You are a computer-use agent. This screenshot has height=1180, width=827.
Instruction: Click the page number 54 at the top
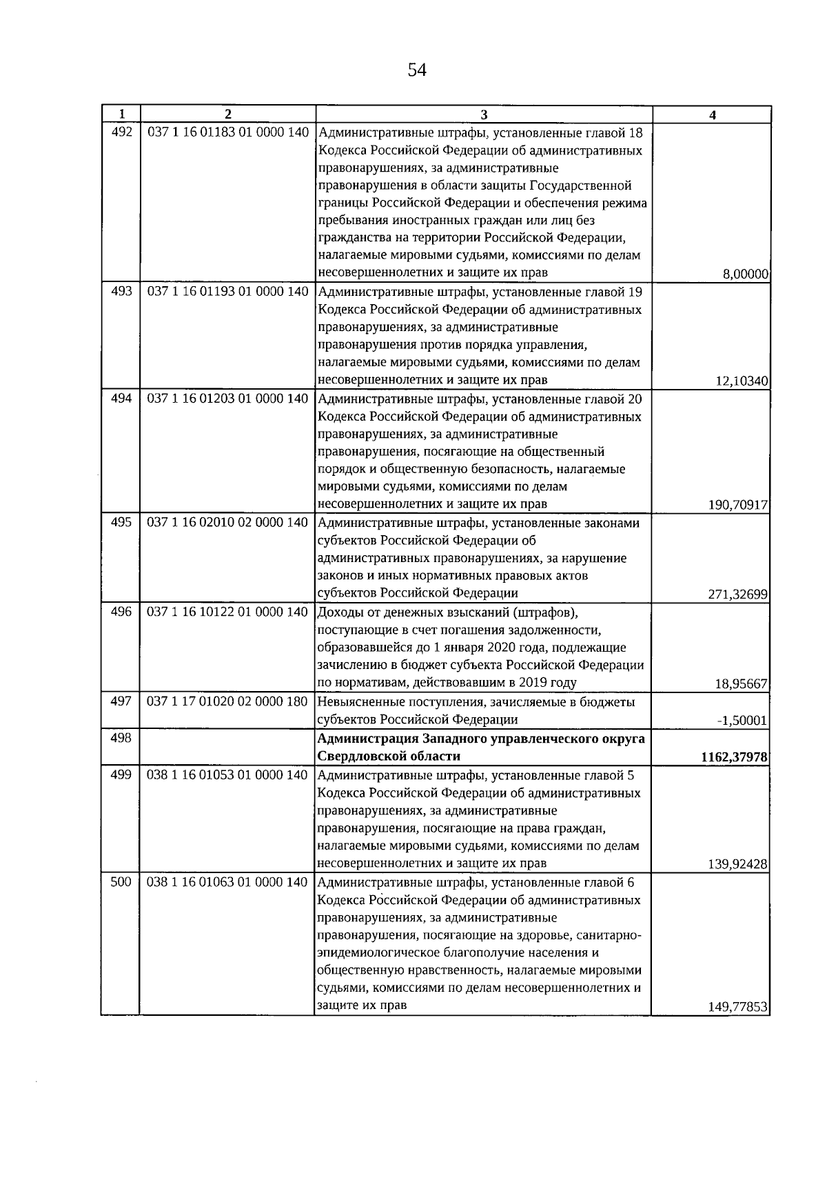417,70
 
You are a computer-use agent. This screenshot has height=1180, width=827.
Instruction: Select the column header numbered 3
484,114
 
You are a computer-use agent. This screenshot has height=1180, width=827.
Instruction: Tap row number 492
121,132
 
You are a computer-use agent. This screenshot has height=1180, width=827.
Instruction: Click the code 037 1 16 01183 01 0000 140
228,132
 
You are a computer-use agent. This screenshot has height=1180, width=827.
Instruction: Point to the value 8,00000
745,274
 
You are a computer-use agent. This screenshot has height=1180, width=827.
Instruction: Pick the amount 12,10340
742,381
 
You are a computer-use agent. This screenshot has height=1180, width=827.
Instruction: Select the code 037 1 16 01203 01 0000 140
228,399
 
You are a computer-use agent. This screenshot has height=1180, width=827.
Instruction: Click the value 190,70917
738,506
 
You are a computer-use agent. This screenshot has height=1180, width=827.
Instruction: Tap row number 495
121,523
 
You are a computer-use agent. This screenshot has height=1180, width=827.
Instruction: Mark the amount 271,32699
738,594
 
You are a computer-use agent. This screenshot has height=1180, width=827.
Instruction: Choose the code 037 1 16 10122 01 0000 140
228,612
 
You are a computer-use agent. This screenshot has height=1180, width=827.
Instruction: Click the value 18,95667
742,684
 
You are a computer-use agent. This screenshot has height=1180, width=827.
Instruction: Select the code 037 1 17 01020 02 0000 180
228,702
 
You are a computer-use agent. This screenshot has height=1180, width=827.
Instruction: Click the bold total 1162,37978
734,757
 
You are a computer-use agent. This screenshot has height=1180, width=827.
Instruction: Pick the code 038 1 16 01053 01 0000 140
228,775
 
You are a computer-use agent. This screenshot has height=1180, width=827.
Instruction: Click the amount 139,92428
738,864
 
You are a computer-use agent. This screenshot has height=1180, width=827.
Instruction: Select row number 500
121,882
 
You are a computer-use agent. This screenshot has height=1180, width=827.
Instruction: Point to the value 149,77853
738,1007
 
